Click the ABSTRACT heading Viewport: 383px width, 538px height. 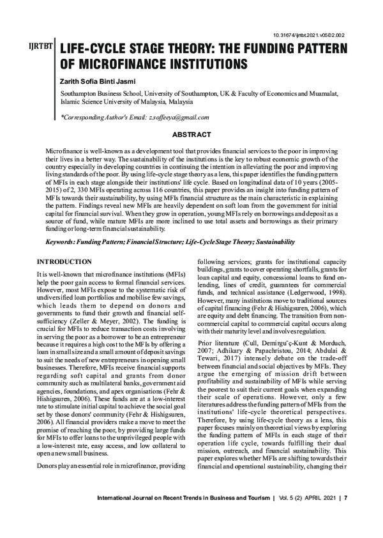[191, 135]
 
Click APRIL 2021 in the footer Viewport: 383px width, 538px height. [319, 516]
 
